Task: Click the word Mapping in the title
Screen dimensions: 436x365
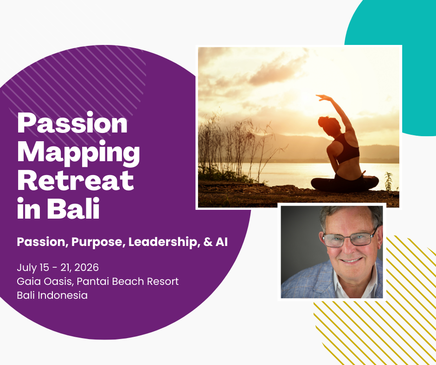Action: [78, 153]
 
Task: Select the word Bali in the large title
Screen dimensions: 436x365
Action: [73, 208]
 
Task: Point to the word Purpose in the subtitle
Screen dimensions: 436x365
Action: [97, 242]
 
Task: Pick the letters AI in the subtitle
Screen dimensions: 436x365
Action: [222, 242]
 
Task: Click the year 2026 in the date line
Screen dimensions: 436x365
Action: [86, 268]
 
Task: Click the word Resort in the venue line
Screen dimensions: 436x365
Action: [163, 281]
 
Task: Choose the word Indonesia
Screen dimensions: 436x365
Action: [63, 295]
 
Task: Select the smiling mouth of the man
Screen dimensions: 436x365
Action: [351, 260]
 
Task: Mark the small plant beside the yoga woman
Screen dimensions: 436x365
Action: [389, 181]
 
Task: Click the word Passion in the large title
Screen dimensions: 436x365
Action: [72, 123]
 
